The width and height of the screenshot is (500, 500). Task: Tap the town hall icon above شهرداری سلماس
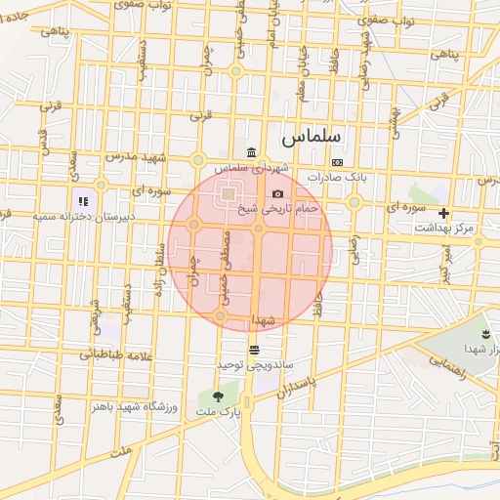pos(253,152)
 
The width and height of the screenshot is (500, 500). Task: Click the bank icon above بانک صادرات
pos(338,162)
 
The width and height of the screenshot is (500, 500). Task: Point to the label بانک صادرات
pos(337,178)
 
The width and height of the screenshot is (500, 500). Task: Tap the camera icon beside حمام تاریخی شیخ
pos(277,194)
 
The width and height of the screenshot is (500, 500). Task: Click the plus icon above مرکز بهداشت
pos(444,212)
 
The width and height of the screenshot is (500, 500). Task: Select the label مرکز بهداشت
pos(443,228)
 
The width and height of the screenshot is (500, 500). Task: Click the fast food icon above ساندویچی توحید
pos(254,350)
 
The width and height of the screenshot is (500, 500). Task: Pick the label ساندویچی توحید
pos(254,364)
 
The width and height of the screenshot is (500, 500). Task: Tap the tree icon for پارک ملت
pos(217,396)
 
